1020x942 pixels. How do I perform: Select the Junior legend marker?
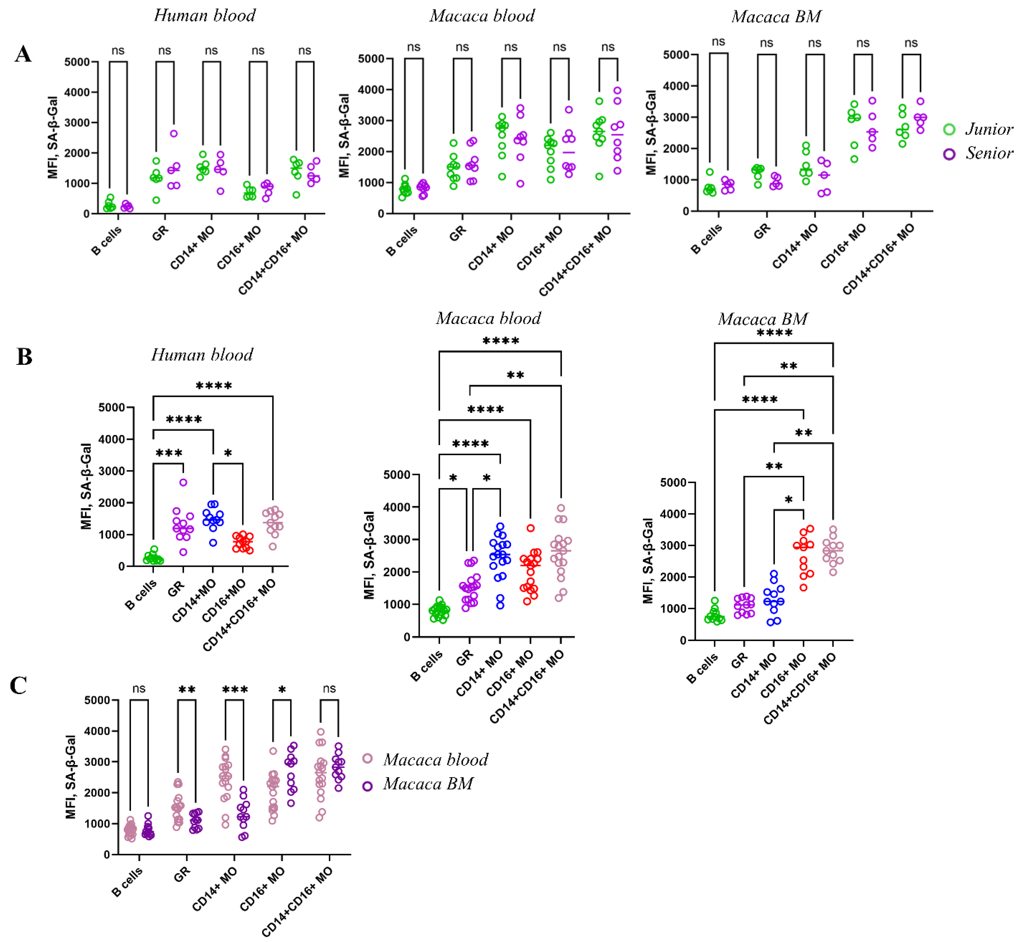[x=949, y=130]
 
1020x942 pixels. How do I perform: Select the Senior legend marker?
[x=949, y=154]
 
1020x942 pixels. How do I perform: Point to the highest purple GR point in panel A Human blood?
[x=174, y=134]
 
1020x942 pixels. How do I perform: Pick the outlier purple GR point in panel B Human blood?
[x=183, y=482]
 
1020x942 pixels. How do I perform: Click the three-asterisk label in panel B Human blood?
[x=169, y=453]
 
